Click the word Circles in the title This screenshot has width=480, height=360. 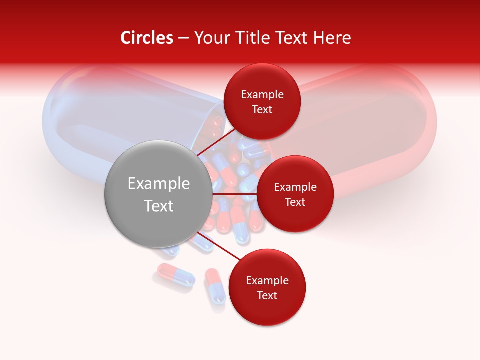coord(146,38)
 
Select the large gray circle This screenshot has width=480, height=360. coord(158,194)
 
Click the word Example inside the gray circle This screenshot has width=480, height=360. coord(159,184)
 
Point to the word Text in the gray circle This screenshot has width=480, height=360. coord(159,206)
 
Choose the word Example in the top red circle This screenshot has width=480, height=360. coord(262,94)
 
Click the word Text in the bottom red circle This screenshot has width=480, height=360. coord(267,295)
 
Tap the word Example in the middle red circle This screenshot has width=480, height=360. coord(295,187)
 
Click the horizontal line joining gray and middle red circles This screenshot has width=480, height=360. coord(235,194)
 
